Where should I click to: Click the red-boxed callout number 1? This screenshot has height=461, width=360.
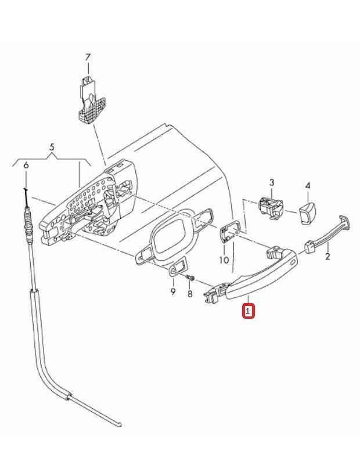point(248,311)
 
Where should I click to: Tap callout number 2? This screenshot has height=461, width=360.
point(327,256)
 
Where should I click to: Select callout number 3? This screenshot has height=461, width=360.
point(272,182)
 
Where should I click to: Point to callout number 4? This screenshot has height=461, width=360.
point(308,186)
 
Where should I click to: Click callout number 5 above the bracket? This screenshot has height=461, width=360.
point(52,147)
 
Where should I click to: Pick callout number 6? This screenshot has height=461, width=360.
point(26,165)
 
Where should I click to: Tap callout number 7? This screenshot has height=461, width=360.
point(88,57)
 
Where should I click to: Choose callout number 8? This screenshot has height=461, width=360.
point(190,293)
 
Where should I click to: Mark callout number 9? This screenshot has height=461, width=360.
point(173,291)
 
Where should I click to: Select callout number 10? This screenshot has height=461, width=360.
point(224,260)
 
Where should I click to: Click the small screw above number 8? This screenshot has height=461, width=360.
point(191,278)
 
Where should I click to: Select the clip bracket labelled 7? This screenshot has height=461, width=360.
point(91,100)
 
